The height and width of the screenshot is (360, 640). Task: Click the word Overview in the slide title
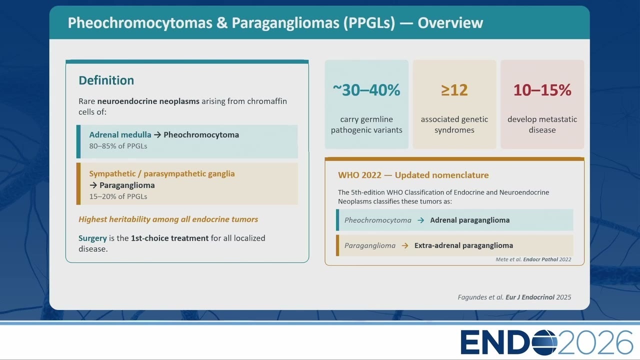[450, 23]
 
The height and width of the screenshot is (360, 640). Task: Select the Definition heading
[106, 80]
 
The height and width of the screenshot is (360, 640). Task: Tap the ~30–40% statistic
[366, 90]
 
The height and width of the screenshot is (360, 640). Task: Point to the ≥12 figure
[454, 90]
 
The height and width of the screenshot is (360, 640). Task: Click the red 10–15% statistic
[542, 90]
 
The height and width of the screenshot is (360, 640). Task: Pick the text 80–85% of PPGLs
[118, 146]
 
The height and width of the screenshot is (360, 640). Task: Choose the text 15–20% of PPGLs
[118, 196]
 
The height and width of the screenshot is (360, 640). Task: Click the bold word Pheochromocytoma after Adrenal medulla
[201, 135]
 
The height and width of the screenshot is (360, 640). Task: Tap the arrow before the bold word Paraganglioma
[93, 185]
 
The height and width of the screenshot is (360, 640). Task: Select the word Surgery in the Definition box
[92, 238]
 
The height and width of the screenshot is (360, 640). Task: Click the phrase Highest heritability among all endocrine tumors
[168, 219]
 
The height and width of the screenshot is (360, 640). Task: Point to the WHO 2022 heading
[413, 175]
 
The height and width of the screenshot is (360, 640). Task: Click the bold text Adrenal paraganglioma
[469, 220]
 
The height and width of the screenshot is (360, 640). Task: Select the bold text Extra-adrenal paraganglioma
[463, 245]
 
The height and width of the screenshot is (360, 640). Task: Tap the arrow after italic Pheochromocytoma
[420, 220]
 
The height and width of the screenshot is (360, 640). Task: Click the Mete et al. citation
[533, 259]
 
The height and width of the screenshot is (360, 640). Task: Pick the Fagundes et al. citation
[514, 297]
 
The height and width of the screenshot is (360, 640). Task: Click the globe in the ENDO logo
[544, 342]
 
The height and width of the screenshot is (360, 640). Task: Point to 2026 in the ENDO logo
[595, 342]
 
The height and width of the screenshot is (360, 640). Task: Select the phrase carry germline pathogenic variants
[366, 124]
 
